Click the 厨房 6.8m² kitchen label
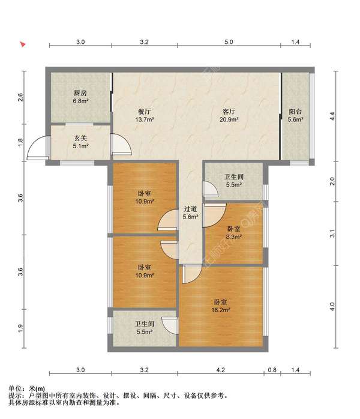80,97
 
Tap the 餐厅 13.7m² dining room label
145,115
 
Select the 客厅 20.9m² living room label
229,115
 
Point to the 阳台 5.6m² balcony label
295,115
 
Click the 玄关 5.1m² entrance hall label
80,142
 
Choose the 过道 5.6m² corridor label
190,213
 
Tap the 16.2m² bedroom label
221,306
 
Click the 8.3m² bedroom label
234,232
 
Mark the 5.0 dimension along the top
229,42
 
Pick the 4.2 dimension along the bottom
221,370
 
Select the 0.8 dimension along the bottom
272,370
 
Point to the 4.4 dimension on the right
332,116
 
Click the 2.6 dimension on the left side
20,97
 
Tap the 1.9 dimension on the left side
20,328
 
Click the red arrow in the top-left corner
23,44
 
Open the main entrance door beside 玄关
37,148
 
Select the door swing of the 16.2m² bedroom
191,274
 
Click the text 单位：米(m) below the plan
27,388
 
